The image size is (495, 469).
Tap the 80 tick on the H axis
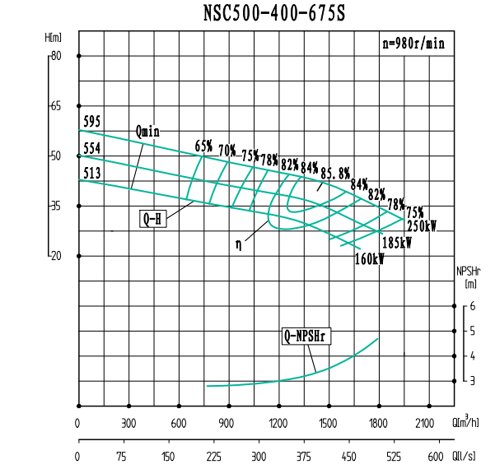coord(56,56)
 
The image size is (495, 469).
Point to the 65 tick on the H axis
coord(56,106)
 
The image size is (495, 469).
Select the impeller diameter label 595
coord(91,122)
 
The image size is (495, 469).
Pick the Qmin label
coord(148,132)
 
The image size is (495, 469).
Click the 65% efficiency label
coord(203,146)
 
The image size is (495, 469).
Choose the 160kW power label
coord(370,258)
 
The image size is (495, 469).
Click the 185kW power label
coord(396,243)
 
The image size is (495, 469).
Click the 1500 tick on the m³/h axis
coord(329,423)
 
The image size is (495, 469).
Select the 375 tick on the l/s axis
coord(303,457)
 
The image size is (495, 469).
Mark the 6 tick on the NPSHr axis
coord(472,306)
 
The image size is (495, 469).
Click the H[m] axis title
coord(54,38)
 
